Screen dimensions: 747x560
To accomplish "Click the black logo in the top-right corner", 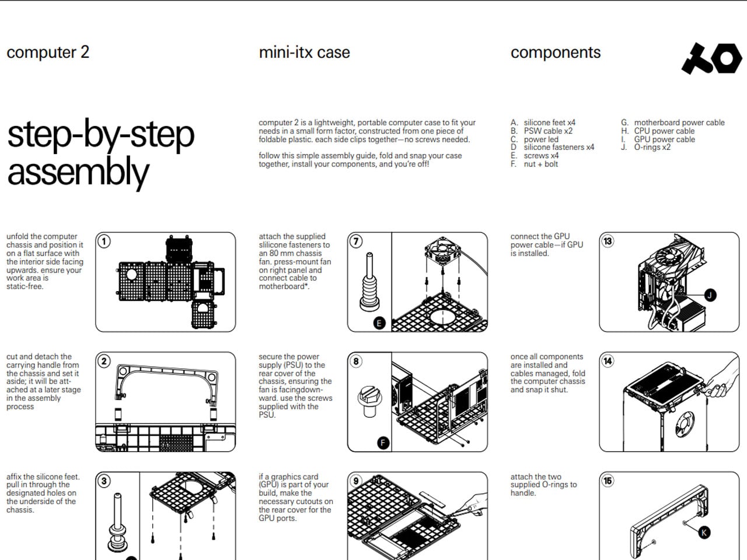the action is [x=711, y=58].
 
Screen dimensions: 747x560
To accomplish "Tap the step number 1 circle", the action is [x=104, y=242].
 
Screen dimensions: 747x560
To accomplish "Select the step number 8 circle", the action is [x=356, y=361].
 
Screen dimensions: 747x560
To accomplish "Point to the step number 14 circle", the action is [x=608, y=361].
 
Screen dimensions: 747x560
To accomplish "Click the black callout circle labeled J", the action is [x=710, y=295].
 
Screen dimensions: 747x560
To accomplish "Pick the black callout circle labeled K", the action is [x=704, y=532].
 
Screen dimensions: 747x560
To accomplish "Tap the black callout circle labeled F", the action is [x=383, y=443].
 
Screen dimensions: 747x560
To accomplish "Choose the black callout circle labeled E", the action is [x=379, y=323].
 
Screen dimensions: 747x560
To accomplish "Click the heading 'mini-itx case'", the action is [x=304, y=52].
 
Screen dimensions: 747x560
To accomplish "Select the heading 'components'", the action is [x=556, y=52].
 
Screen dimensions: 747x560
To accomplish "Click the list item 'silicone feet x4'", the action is [x=550, y=123].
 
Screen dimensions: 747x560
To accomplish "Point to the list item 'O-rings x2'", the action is [x=652, y=147].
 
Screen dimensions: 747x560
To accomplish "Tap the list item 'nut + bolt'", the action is [x=541, y=164].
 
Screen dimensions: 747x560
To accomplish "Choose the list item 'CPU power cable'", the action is [x=664, y=131].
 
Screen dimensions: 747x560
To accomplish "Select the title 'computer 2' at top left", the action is [x=48, y=52].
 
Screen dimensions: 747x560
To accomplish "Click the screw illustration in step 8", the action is [x=369, y=401].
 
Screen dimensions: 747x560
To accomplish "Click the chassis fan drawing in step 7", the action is [x=442, y=251].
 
